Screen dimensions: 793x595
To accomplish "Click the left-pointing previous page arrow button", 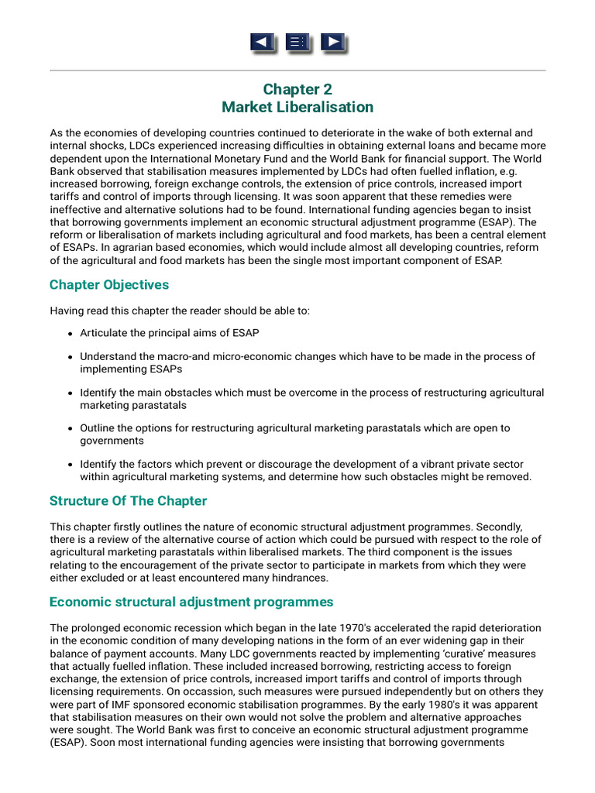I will pyautogui.click(x=263, y=43).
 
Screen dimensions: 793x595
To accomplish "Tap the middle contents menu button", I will pyautogui.click(x=297, y=43).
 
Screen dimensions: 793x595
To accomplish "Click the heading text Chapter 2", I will pyautogui.click(x=297, y=89).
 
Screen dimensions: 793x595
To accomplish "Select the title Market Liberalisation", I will pyautogui.click(x=297, y=107).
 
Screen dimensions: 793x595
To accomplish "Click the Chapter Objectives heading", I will pyautogui.click(x=109, y=284).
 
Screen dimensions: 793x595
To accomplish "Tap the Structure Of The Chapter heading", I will pyautogui.click(x=128, y=500).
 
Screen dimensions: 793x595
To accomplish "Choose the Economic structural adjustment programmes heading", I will pyautogui.click(x=191, y=602).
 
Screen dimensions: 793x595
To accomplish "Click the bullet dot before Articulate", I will pyautogui.click(x=71, y=333).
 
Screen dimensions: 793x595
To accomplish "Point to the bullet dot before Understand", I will pyautogui.click(x=71, y=357).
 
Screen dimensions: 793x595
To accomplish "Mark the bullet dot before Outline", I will pyautogui.click(x=71, y=428).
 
